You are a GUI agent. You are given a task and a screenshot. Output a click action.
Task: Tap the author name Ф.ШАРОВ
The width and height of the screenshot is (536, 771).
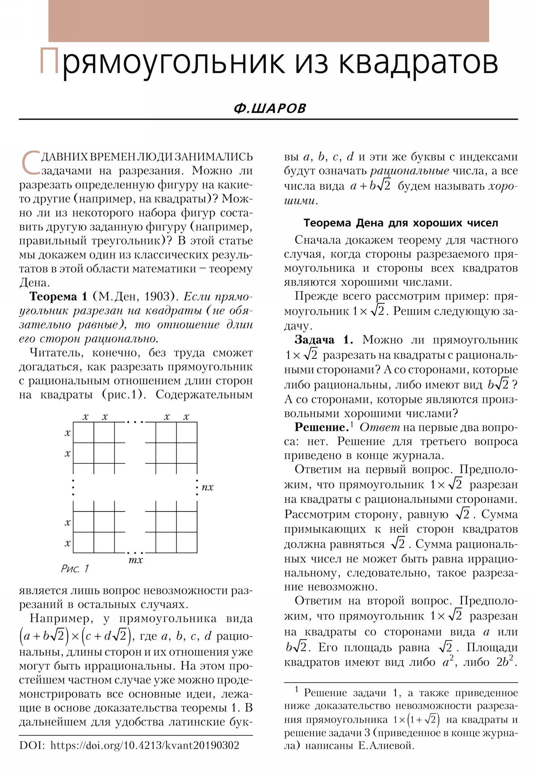pos(270,109)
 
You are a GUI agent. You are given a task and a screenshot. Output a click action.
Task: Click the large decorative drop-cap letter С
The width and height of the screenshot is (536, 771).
pos(30,163)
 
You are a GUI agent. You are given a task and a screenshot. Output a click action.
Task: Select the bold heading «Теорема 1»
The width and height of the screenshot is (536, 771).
pos(58,297)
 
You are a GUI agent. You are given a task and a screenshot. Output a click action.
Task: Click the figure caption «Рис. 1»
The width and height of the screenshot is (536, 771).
pos(74,569)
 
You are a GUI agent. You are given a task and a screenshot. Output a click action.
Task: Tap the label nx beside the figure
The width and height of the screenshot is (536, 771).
pos(207,487)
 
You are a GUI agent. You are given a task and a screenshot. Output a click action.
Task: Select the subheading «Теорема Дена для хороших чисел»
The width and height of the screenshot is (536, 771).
pos(400,223)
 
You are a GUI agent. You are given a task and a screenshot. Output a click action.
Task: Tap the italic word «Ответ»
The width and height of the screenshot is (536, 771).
pos(380,427)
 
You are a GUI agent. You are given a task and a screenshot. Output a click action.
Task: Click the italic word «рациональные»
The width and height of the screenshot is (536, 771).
pos(409,171)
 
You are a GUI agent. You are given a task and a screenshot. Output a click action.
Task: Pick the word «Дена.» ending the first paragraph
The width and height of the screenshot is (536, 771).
pos(34,283)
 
